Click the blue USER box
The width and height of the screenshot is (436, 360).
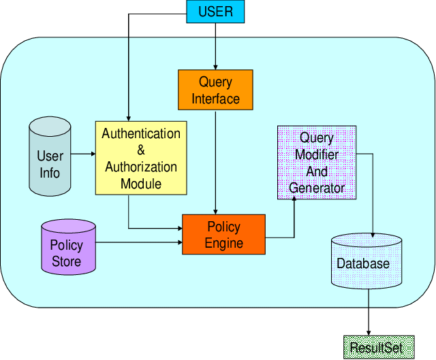pos(215,12)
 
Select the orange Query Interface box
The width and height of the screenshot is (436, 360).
pos(215,90)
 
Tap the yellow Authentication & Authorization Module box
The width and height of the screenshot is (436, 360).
pos(141,158)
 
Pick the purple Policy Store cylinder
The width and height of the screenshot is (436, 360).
pos(67,246)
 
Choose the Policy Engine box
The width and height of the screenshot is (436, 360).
pos(223,234)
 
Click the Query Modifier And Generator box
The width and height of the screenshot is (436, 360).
pos(317,162)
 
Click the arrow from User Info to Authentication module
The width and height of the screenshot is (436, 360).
pos(82,154)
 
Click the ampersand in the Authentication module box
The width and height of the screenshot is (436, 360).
pos(141,150)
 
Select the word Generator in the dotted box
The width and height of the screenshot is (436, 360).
pos(317,187)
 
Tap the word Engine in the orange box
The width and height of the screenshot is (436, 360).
pos(224,243)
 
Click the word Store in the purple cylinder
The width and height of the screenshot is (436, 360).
pos(67,261)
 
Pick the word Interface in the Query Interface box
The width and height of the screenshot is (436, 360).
pos(215,99)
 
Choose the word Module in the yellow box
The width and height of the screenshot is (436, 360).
pos(141,184)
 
